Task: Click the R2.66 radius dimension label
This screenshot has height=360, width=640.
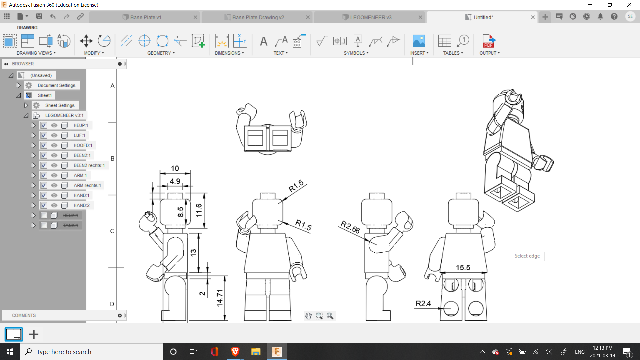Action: (350, 227)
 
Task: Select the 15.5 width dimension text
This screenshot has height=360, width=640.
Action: (463, 268)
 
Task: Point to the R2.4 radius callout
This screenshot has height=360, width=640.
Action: (423, 303)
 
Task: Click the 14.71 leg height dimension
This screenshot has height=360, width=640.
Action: (220, 298)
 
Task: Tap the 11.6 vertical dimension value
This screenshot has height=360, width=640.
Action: (199, 210)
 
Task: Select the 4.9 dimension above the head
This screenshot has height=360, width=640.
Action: (175, 181)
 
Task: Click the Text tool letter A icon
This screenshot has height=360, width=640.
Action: (264, 41)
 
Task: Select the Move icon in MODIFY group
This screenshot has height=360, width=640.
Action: (86, 41)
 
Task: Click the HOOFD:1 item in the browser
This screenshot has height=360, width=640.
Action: (83, 145)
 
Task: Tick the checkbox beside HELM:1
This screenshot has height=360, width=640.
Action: (44, 215)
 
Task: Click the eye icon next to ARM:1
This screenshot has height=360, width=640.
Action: (54, 175)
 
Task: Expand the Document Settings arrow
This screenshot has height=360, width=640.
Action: (19, 85)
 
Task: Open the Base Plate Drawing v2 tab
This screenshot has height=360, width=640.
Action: (258, 17)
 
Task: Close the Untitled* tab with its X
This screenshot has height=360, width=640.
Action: (533, 17)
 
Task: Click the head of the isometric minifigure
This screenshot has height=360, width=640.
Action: (509, 100)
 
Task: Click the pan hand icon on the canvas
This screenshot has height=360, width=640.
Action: (308, 316)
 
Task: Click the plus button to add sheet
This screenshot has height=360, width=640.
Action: (34, 334)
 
